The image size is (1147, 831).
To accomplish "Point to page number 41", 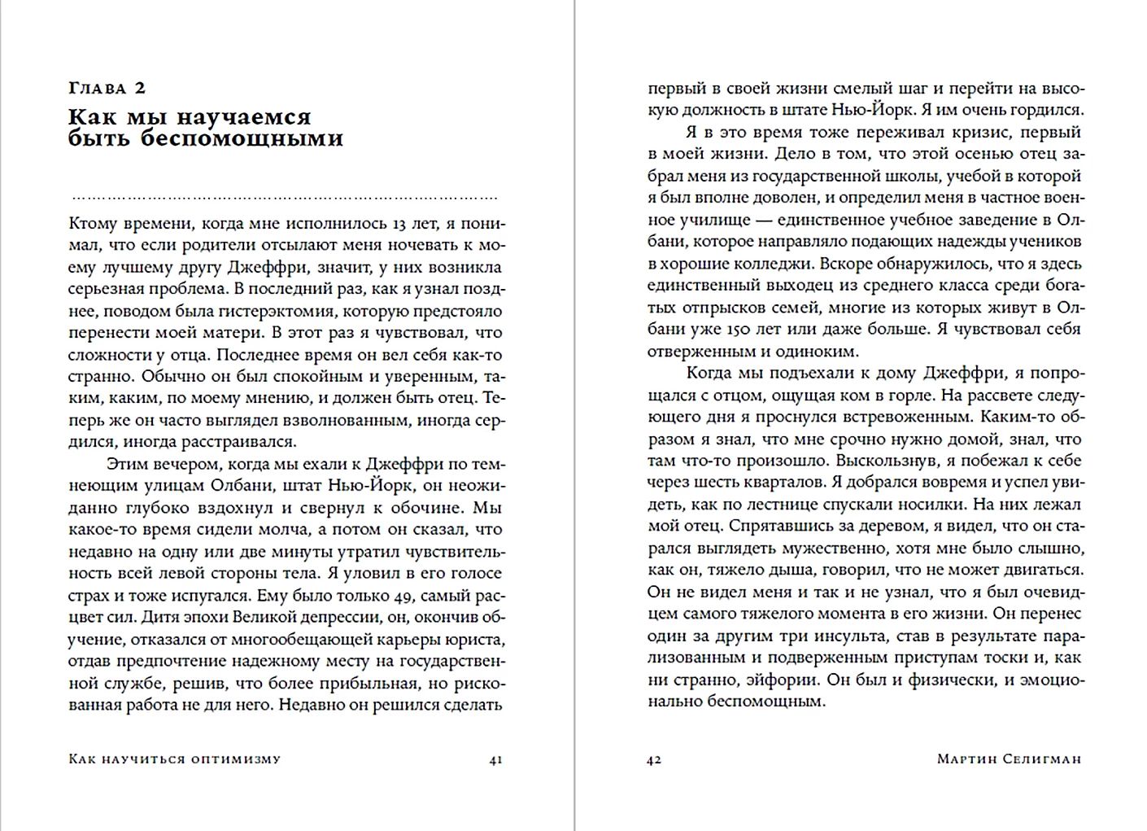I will click(495, 759).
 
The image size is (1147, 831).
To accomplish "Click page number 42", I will click(654, 759).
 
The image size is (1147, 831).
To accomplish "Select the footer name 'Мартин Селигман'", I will click(1009, 759).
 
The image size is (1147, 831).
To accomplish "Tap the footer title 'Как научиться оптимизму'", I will click(175, 759).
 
